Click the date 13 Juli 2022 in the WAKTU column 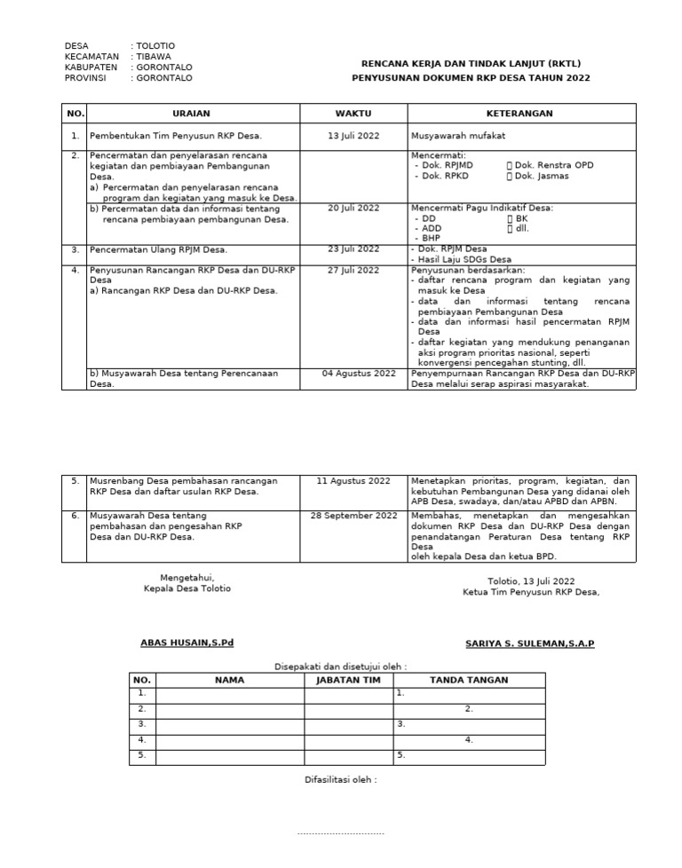(x=353, y=136)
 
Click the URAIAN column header (x=192, y=114)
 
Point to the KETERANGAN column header (x=519, y=114)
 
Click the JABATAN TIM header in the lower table (x=348, y=680)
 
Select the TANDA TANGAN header (x=469, y=680)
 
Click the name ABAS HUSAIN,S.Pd (x=187, y=643)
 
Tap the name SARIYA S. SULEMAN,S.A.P (x=529, y=643)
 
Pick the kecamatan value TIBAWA (x=154, y=57)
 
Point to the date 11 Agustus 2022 (x=353, y=480)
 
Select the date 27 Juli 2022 (x=353, y=270)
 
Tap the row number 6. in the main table (x=75, y=516)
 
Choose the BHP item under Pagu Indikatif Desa (x=431, y=238)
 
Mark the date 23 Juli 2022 (x=353, y=249)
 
